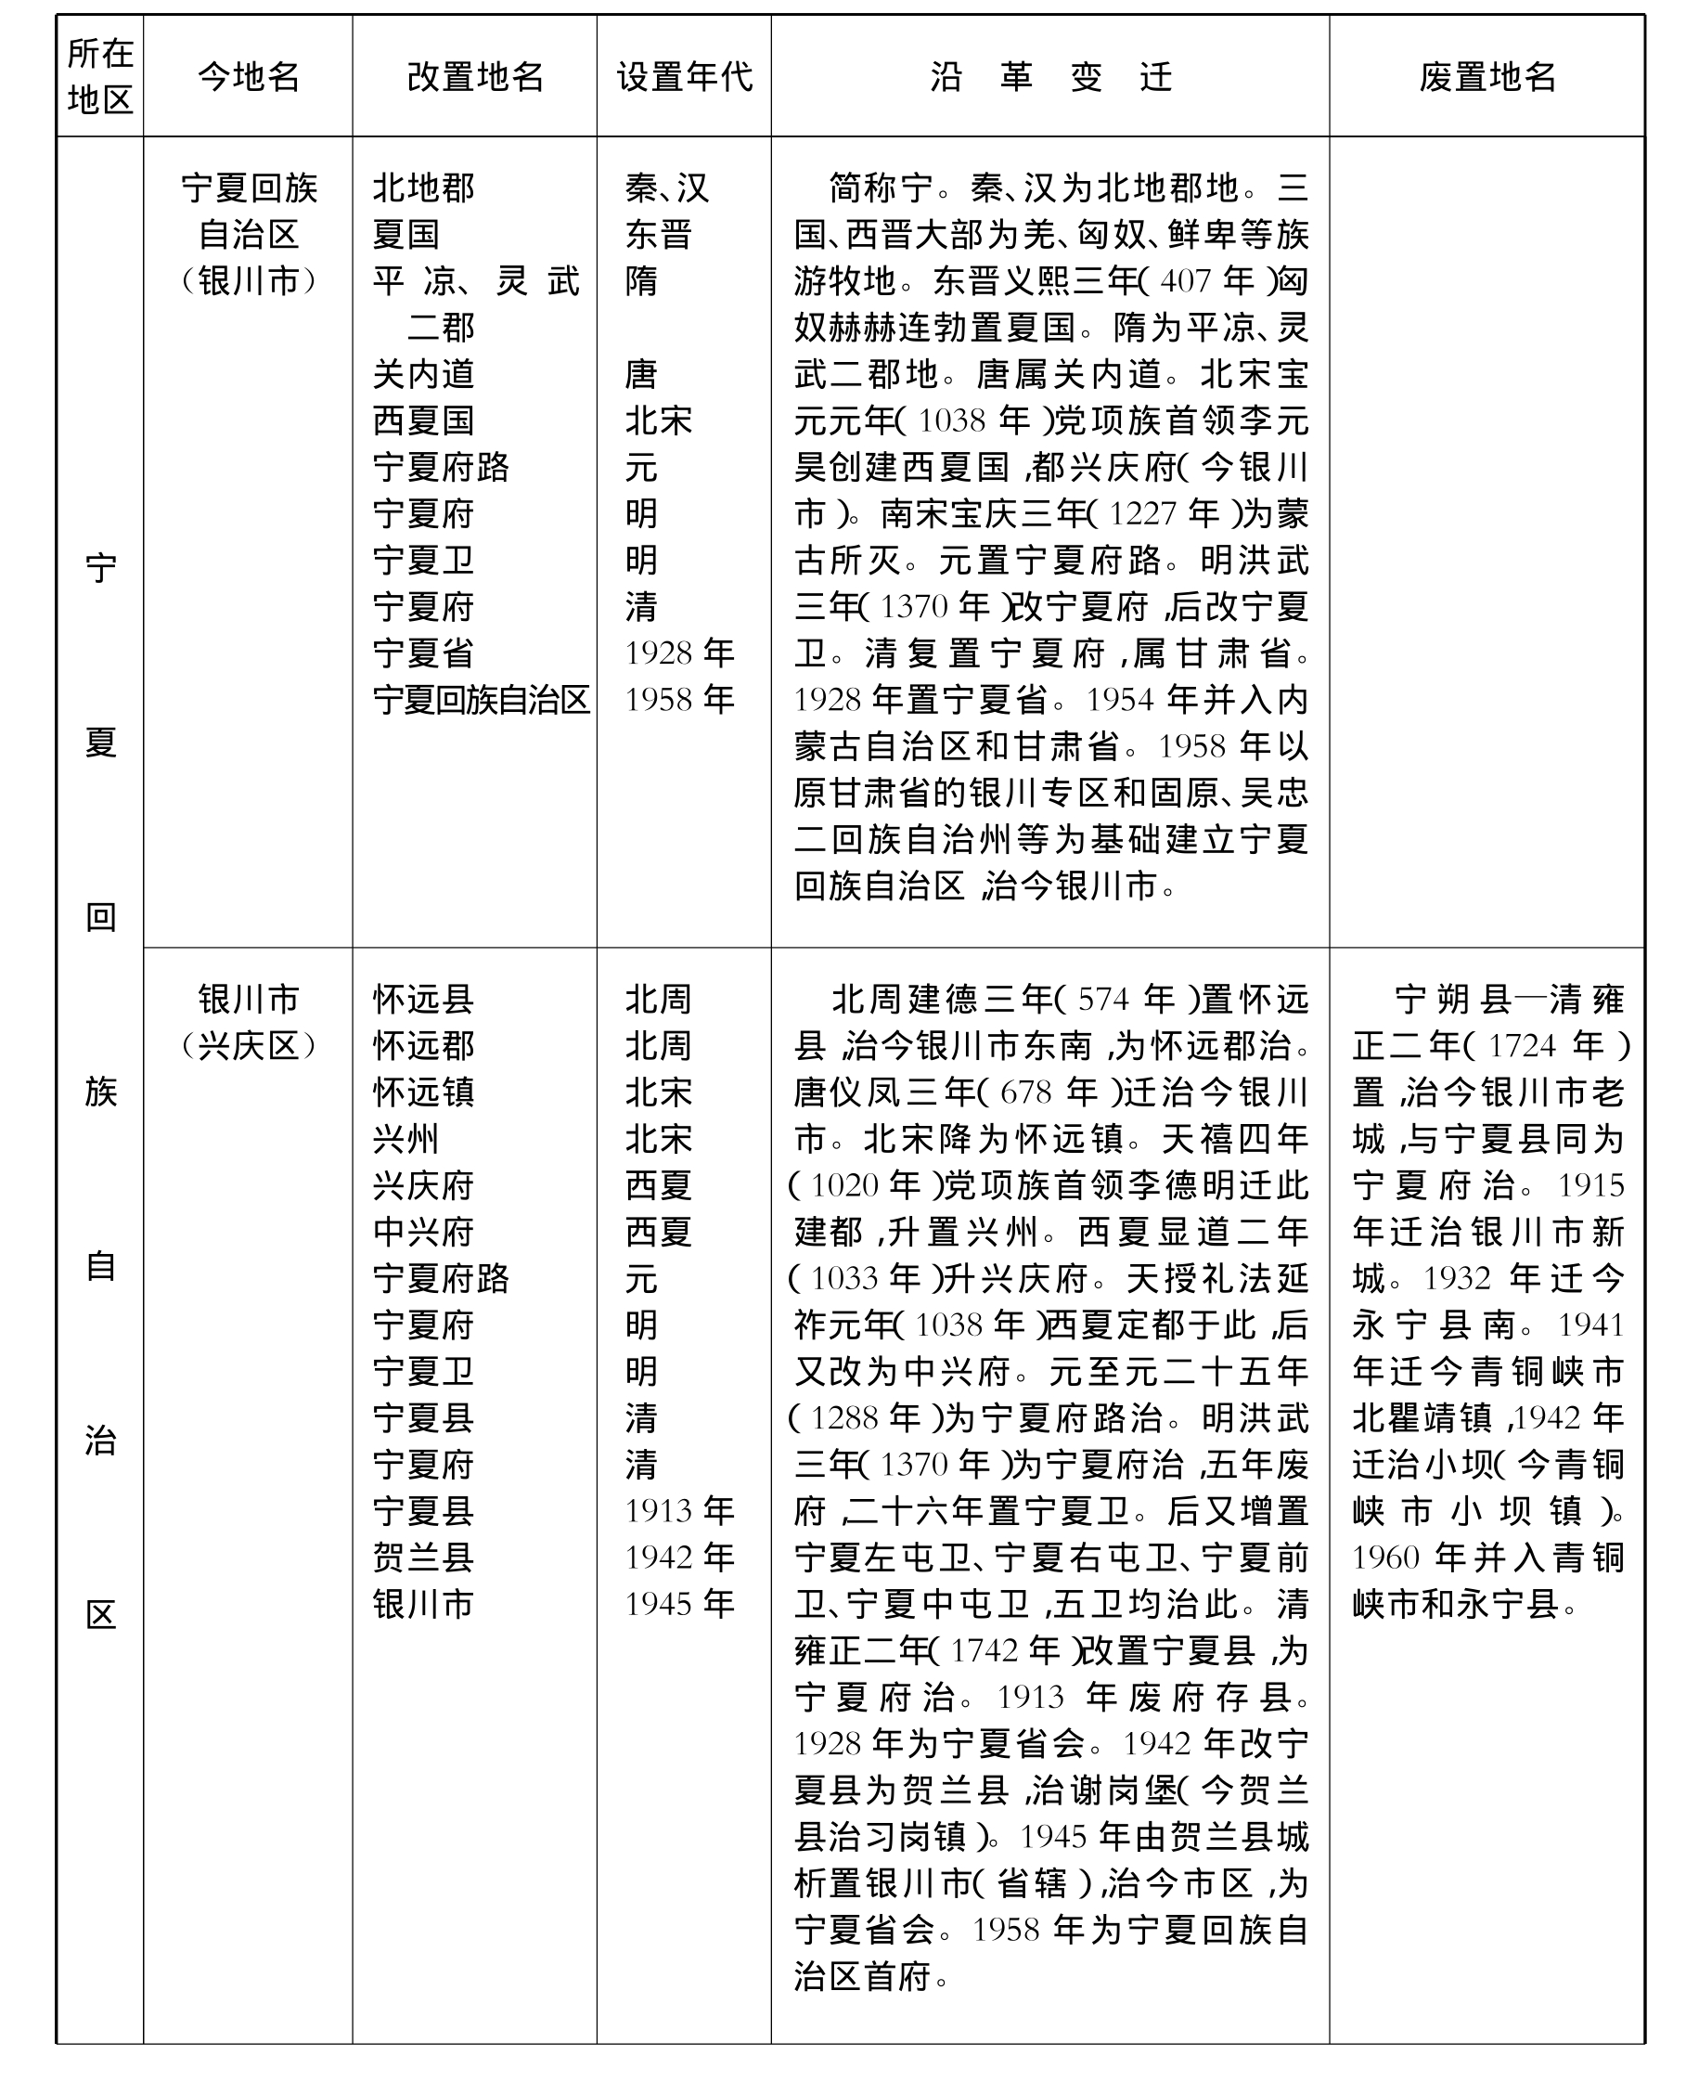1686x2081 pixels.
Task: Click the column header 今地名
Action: [x=249, y=77]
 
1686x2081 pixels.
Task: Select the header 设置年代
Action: [x=684, y=77]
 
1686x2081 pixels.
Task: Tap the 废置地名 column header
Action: [x=1487, y=77]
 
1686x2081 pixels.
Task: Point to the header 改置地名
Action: [x=475, y=77]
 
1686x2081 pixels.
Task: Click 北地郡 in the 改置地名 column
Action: [x=423, y=187]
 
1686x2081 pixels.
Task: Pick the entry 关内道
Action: [x=423, y=374]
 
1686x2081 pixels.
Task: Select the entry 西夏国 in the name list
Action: [x=423, y=420]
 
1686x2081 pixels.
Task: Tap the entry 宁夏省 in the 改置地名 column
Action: [x=423, y=653]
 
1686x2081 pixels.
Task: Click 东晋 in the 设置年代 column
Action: [x=658, y=234]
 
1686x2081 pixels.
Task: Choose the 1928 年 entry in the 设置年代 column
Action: [x=679, y=653]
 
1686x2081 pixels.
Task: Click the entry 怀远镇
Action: [x=423, y=1092]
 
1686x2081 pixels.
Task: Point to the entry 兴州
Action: [x=406, y=1139]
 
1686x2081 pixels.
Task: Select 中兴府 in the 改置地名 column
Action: [x=423, y=1232]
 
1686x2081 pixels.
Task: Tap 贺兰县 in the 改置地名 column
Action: [x=423, y=1558]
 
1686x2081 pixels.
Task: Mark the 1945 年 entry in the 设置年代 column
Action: [x=679, y=1604]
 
